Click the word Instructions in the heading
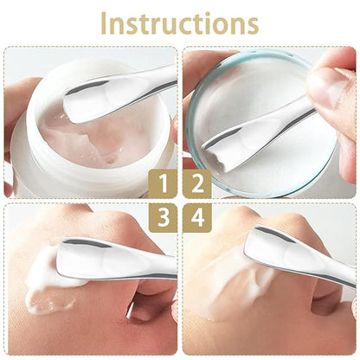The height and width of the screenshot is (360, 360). click(x=179, y=23)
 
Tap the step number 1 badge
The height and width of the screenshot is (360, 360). click(x=163, y=184)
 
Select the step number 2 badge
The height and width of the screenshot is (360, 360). click(x=197, y=184)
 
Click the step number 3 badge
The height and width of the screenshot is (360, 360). click(x=163, y=218)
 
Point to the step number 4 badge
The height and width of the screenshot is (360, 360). click(x=197, y=218)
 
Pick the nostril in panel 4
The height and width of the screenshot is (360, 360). click(x=323, y=303)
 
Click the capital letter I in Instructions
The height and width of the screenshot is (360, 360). click(x=104, y=24)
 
